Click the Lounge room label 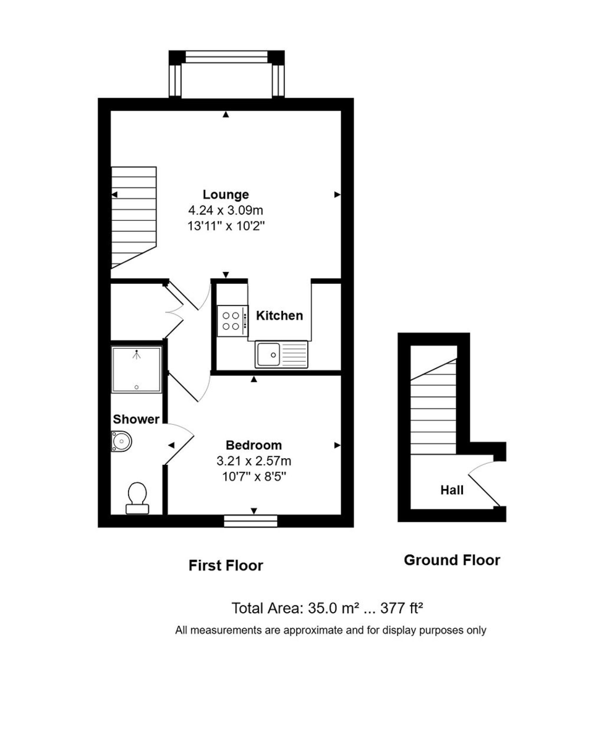(x=226, y=195)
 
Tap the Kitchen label (x=279, y=315)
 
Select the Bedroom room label (x=253, y=445)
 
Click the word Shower (x=136, y=419)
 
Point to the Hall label (x=452, y=490)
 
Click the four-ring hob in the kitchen (x=232, y=320)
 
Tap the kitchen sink (x=281, y=354)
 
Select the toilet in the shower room (x=137, y=498)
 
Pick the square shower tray (x=137, y=370)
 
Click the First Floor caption (x=226, y=565)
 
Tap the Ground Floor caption (x=452, y=560)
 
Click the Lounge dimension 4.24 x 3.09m (x=226, y=211)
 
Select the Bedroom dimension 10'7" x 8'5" (x=253, y=477)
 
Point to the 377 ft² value (x=402, y=608)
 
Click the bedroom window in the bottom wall (x=250, y=521)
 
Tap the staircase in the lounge (x=133, y=216)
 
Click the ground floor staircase (x=433, y=408)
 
